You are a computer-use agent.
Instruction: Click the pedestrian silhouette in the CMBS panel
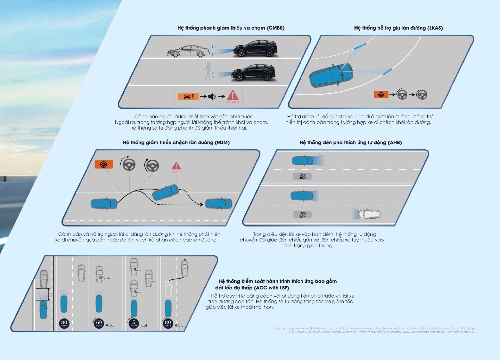[207, 71]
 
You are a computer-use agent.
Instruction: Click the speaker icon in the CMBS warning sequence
[212, 97]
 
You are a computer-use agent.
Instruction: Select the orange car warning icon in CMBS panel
[188, 97]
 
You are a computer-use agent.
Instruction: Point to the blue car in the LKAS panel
[331, 75]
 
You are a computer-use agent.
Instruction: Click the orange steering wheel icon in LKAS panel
[381, 95]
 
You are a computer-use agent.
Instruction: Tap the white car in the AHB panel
[369, 214]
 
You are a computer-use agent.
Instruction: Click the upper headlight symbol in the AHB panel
[302, 176]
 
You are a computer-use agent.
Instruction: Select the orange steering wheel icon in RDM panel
[104, 165]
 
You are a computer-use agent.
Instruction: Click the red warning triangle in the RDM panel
[176, 166]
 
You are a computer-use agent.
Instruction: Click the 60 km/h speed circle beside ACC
[99, 323]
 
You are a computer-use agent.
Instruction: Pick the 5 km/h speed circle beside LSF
[134, 323]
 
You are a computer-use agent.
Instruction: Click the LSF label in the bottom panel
[144, 325]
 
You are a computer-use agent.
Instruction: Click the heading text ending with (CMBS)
[231, 28]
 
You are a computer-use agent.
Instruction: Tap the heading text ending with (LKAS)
[398, 28]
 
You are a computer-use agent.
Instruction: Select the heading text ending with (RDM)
[176, 142]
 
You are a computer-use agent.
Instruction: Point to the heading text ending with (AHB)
[351, 142]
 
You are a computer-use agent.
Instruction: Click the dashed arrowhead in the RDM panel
[201, 205]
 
